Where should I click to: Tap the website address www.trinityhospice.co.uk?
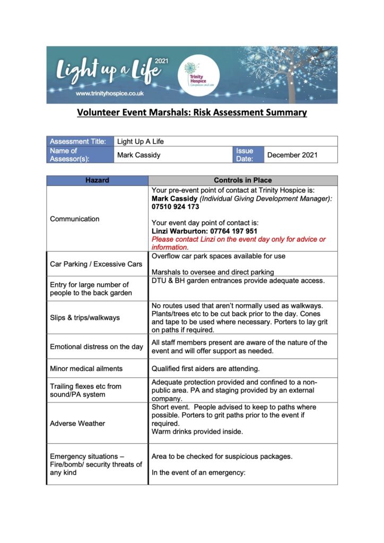tap(110, 93)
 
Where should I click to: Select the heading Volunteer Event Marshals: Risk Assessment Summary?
tap(192, 112)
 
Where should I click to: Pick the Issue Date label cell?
tap(245, 155)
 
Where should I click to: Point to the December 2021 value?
tap(292, 155)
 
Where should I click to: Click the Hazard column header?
tap(97, 180)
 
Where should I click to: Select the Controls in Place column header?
tap(242, 180)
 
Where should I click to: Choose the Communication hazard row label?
tap(74, 218)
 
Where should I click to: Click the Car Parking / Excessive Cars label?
tap(96, 264)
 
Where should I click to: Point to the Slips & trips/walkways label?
tap(85, 318)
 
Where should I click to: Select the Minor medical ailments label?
tap(86, 368)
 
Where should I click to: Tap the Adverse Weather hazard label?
tap(77, 423)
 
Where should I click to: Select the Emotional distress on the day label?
tap(97, 347)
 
